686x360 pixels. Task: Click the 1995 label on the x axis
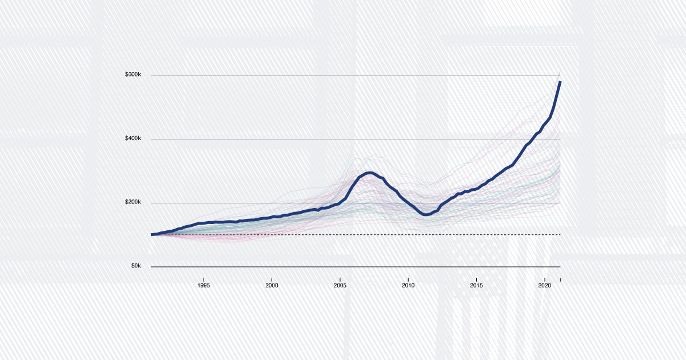coord(204,285)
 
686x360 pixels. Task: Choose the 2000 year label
coord(272,285)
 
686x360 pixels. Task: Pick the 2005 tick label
coord(340,285)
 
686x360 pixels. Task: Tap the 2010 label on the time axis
coord(408,285)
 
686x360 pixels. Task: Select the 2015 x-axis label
coord(476,285)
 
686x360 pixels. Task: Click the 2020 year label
coord(544,285)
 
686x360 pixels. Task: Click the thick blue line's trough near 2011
coord(425,214)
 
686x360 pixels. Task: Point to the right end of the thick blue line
coord(560,82)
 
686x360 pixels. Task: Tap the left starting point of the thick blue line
coord(152,234)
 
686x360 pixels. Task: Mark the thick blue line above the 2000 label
coord(272,217)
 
